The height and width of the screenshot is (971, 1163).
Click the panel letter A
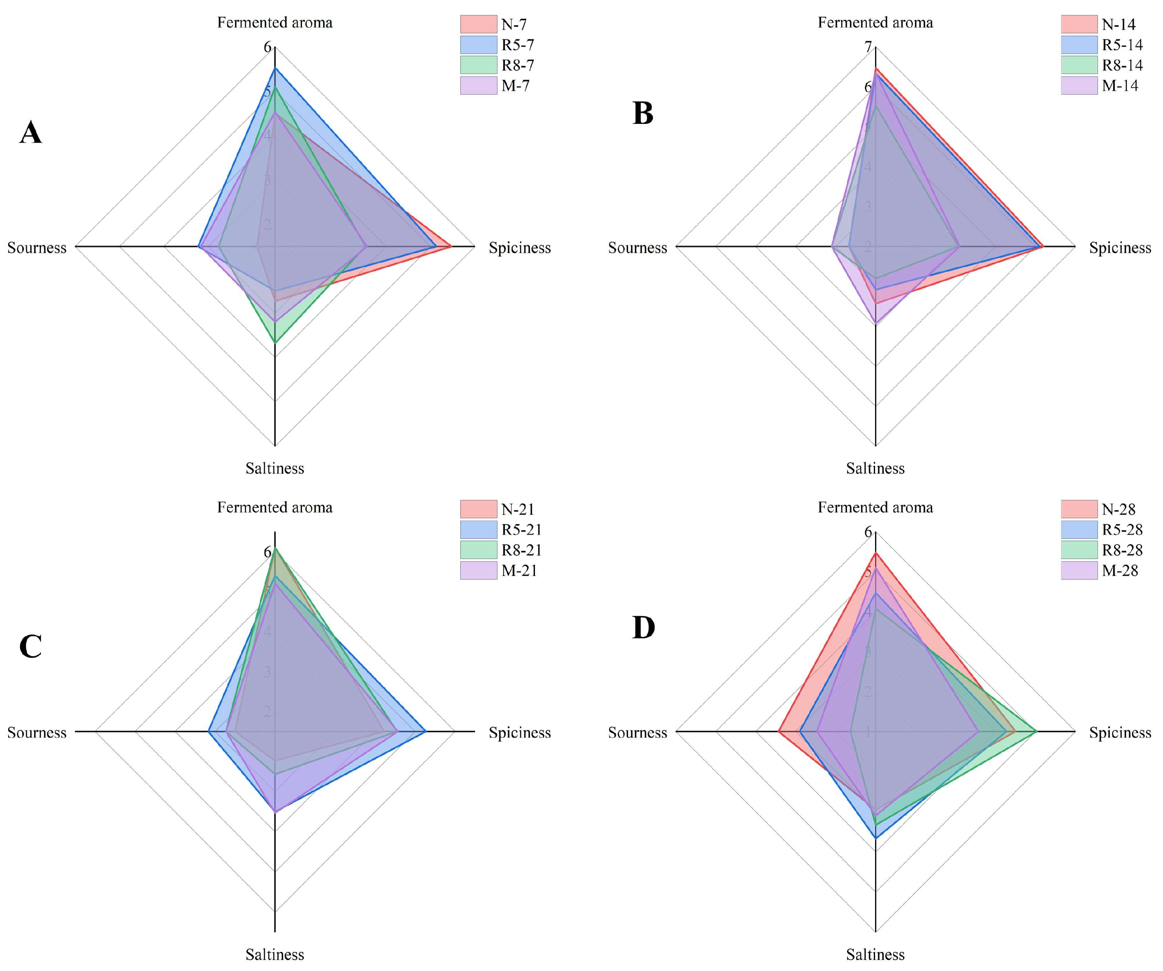30,133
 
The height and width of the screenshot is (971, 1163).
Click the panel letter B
642,113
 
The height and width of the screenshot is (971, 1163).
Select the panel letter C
30,646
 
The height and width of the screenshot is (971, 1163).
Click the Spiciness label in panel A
519,247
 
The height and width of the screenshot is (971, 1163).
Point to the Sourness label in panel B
637,247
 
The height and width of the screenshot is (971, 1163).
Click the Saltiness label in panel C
275,954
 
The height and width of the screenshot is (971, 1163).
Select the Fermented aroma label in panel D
875,507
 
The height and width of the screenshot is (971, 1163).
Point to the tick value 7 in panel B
868,48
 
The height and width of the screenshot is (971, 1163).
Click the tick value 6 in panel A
268,48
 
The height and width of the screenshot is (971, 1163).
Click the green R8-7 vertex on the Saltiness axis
275,343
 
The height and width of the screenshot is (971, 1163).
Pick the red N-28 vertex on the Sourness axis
779,732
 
